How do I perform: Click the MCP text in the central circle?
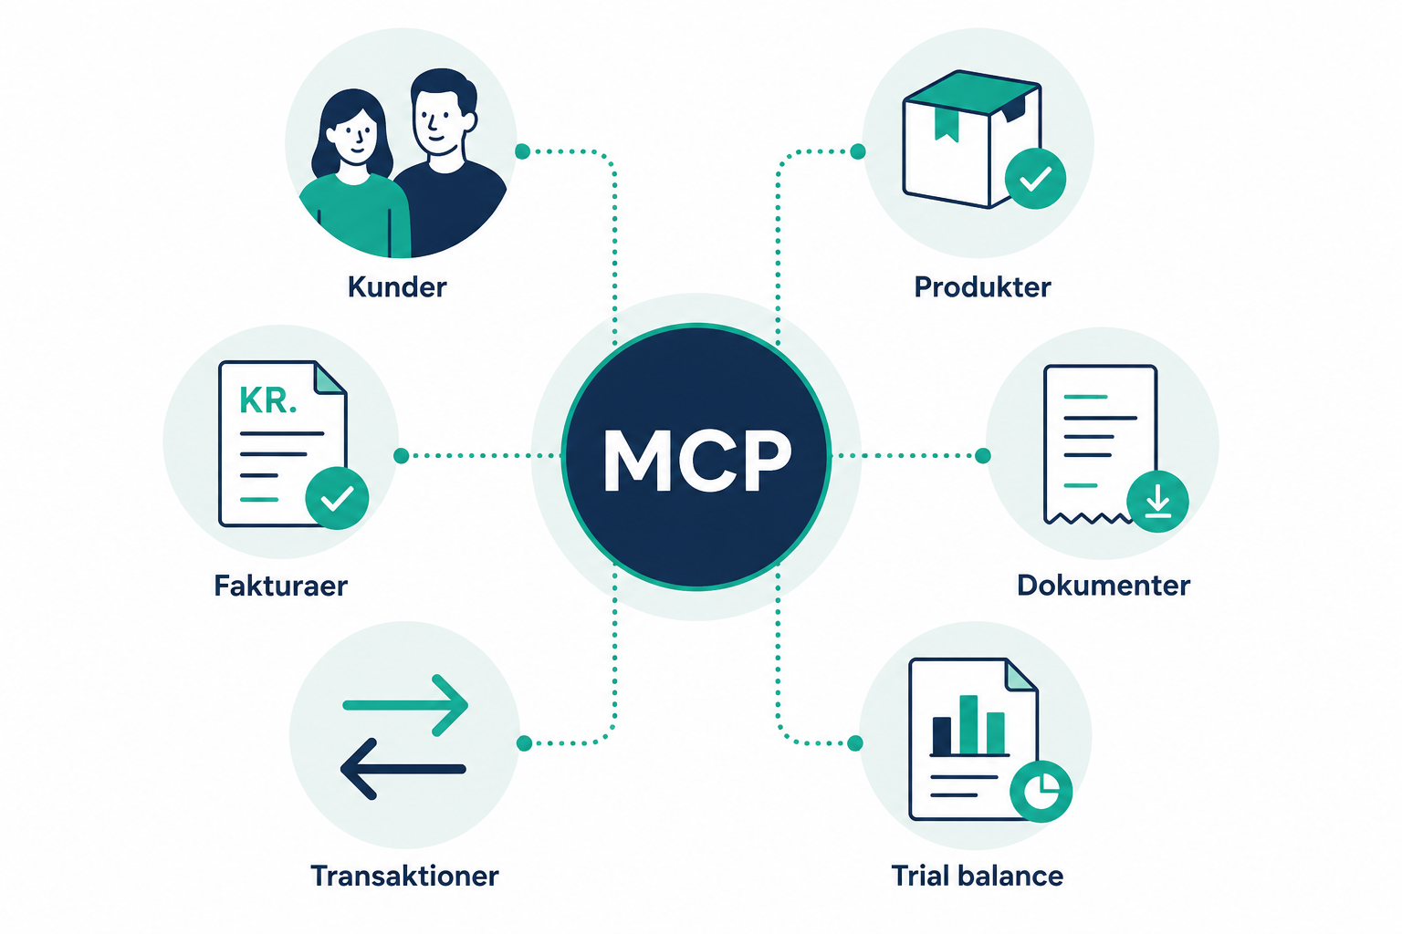point(697,461)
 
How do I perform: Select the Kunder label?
point(397,287)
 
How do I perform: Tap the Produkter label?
point(982,287)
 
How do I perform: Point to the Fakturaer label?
point(280,586)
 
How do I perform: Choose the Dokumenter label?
point(1103,586)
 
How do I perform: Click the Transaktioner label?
point(404,876)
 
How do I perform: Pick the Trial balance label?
point(977,876)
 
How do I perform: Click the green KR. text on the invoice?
point(267,400)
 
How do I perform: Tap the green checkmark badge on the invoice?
point(337,498)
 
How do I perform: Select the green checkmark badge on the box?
point(1035,179)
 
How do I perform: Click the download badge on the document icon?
point(1157,502)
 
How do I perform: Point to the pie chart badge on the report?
point(1041,792)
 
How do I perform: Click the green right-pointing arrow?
point(405,705)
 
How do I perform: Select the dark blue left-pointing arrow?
point(403,769)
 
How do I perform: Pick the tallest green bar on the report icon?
point(968,724)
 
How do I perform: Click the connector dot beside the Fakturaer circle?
point(402,455)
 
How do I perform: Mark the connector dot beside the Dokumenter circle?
point(983,455)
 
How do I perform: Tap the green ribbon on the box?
point(947,124)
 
